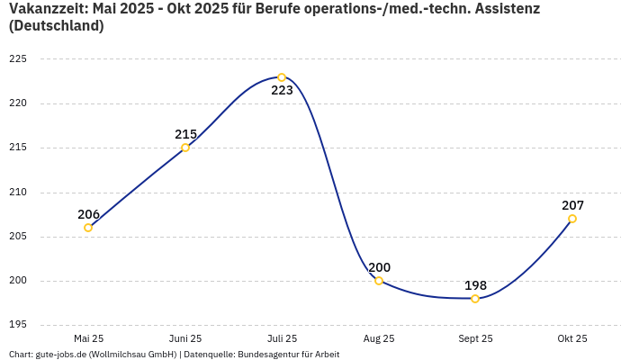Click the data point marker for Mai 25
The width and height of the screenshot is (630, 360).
[x=88, y=228]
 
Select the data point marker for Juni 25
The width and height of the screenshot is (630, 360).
[x=185, y=148]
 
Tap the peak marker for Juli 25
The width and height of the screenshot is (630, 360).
[x=282, y=77]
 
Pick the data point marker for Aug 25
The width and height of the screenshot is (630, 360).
[x=379, y=281]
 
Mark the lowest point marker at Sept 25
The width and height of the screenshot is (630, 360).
[x=475, y=299]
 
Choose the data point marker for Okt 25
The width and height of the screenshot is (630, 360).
[x=572, y=219]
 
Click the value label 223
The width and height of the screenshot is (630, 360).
[x=282, y=91]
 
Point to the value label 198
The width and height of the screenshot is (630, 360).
[x=475, y=285]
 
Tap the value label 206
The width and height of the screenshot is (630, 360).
[x=88, y=214]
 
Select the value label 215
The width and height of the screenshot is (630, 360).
[x=185, y=134]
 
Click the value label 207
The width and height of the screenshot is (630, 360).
[x=572, y=205]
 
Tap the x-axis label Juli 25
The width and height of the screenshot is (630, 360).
[x=282, y=338]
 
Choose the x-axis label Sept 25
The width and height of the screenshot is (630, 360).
[x=475, y=338]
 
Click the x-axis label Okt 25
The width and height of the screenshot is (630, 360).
[x=572, y=338]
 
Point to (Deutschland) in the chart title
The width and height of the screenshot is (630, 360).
[x=56, y=26]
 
